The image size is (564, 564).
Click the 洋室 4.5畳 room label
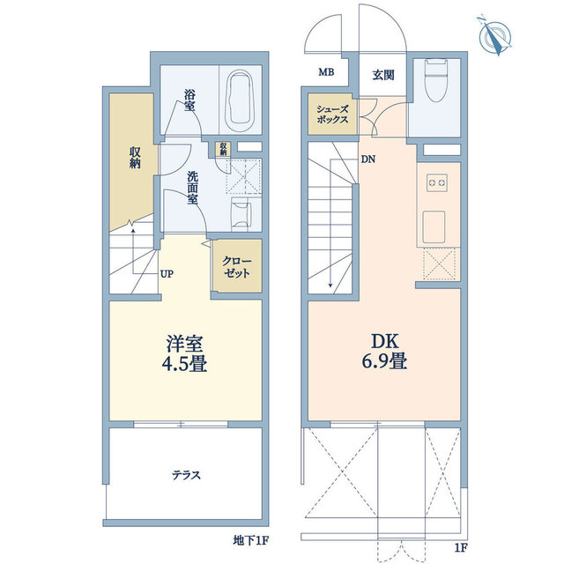click(x=186, y=352)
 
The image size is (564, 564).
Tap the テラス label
click(x=186, y=475)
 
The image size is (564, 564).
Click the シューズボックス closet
click(x=333, y=113)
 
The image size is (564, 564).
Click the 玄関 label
click(x=382, y=75)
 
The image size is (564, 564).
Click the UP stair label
click(x=167, y=273)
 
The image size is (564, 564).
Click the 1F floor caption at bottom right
click(x=460, y=548)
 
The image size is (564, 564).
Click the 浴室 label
click(x=189, y=99)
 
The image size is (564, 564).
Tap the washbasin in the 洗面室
click(x=240, y=212)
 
